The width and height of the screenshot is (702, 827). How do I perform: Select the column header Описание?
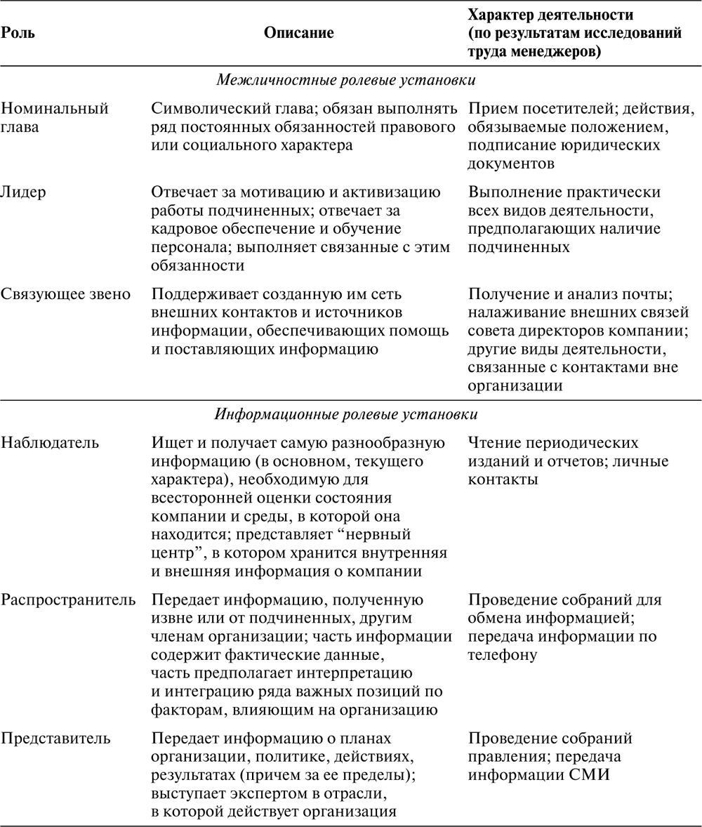[x=299, y=32]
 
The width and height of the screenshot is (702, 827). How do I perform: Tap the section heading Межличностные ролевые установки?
[x=350, y=80]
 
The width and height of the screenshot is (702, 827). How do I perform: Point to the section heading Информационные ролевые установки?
[x=350, y=413]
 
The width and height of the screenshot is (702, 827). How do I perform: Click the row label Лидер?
[x=23, y=192]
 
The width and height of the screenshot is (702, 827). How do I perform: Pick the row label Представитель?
[x=55, y=739]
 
